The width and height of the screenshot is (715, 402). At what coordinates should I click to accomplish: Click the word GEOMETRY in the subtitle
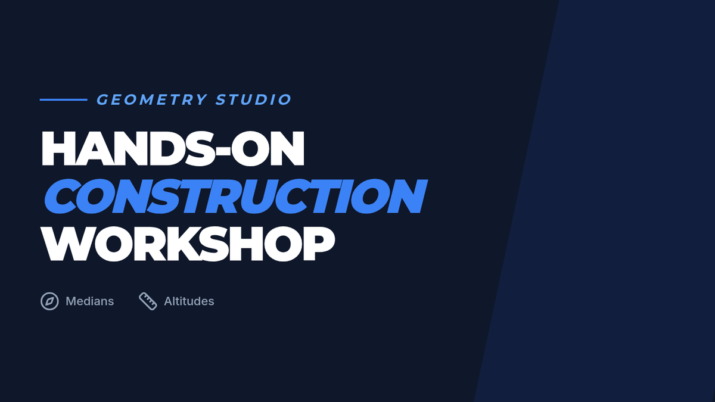[152, 99]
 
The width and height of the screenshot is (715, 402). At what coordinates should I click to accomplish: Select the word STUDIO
[253, 99]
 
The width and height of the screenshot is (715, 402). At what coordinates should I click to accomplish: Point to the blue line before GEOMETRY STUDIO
[64, 99]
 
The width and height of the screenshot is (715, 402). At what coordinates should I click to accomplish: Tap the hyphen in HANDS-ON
[222, 151]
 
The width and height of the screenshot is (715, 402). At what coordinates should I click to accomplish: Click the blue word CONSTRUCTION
[235, 196]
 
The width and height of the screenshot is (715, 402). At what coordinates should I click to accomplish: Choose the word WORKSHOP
[188, 244]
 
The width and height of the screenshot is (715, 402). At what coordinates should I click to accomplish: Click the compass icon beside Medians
[49, 301]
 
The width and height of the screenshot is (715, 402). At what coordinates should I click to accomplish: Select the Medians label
[90, 301]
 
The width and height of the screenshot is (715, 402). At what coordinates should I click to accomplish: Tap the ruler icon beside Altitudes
[148, 301]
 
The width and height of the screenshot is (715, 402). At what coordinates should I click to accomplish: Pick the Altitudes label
[189, 301]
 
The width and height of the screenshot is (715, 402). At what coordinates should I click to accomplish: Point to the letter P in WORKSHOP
[319, 244]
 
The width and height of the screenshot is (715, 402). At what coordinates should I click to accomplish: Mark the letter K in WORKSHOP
[184, 244]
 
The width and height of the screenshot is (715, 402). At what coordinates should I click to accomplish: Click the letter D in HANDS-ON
[167, 148]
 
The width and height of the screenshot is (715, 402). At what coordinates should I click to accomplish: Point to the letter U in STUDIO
[247, 99]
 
